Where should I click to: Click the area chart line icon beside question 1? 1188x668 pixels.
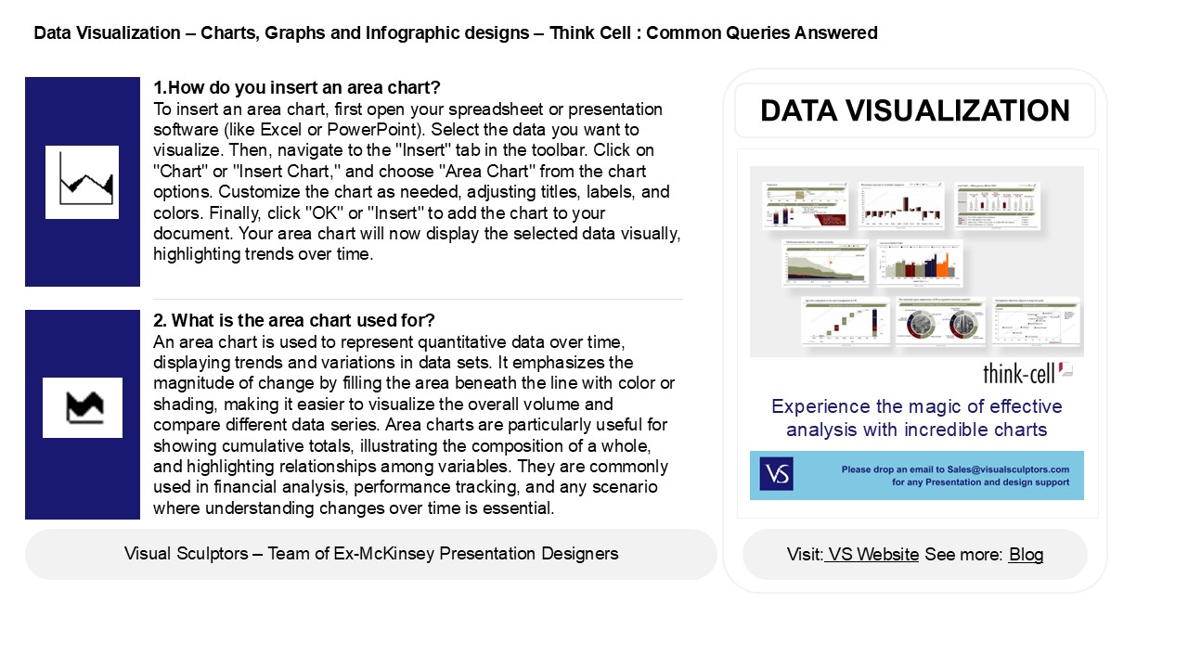[x=83, y=182]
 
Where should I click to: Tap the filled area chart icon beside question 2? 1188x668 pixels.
[x=83, y=407]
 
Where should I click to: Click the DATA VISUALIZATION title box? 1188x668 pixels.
[x=914, y=111]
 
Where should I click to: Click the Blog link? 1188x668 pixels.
[x=1026, y=555]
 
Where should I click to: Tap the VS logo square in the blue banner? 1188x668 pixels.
[x=776, y=474]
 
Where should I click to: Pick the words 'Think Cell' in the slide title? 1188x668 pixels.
[x=588, y=33]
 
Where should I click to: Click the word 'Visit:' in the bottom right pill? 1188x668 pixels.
[x=805, y=555]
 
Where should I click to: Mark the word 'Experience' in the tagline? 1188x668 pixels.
[x=817, y=406]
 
